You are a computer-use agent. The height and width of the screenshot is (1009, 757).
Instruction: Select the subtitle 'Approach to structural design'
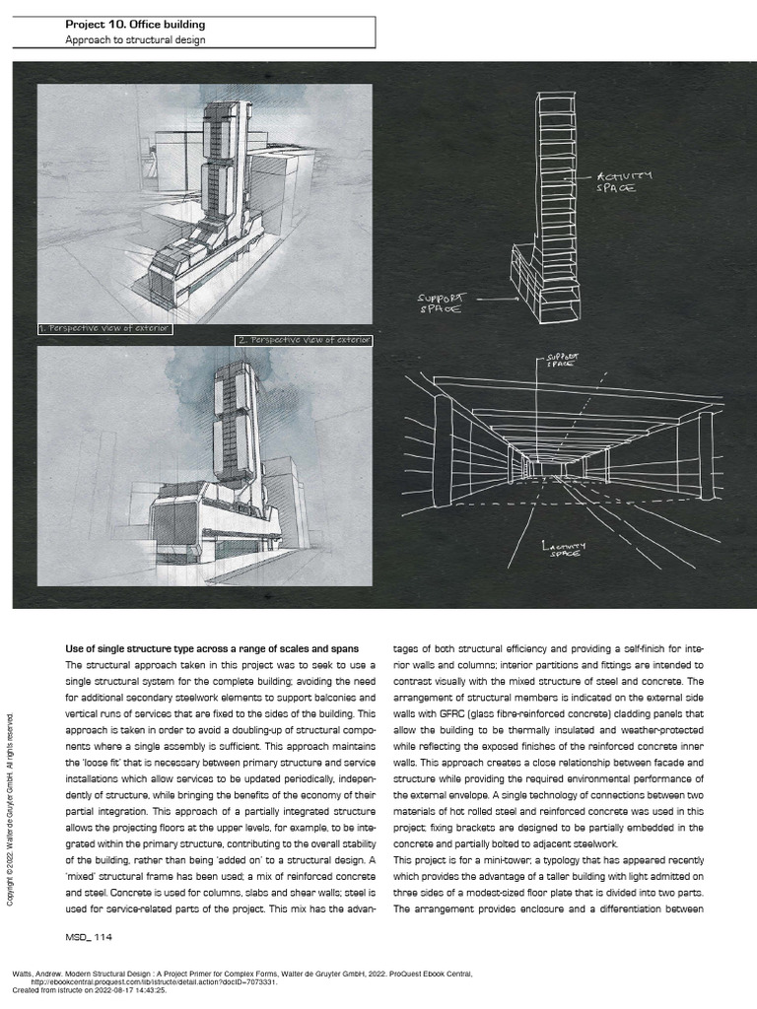click(x=136, y=40)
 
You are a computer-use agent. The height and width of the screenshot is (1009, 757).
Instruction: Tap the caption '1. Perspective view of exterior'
click(x=105, y=327)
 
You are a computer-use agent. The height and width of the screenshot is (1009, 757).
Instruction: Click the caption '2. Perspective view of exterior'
click(x=304, y=340)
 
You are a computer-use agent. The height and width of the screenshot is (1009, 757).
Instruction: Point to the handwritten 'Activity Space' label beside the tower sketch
click(x=623, y=181)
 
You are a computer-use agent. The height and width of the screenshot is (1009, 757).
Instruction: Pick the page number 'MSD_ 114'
click(x=88, y=937)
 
